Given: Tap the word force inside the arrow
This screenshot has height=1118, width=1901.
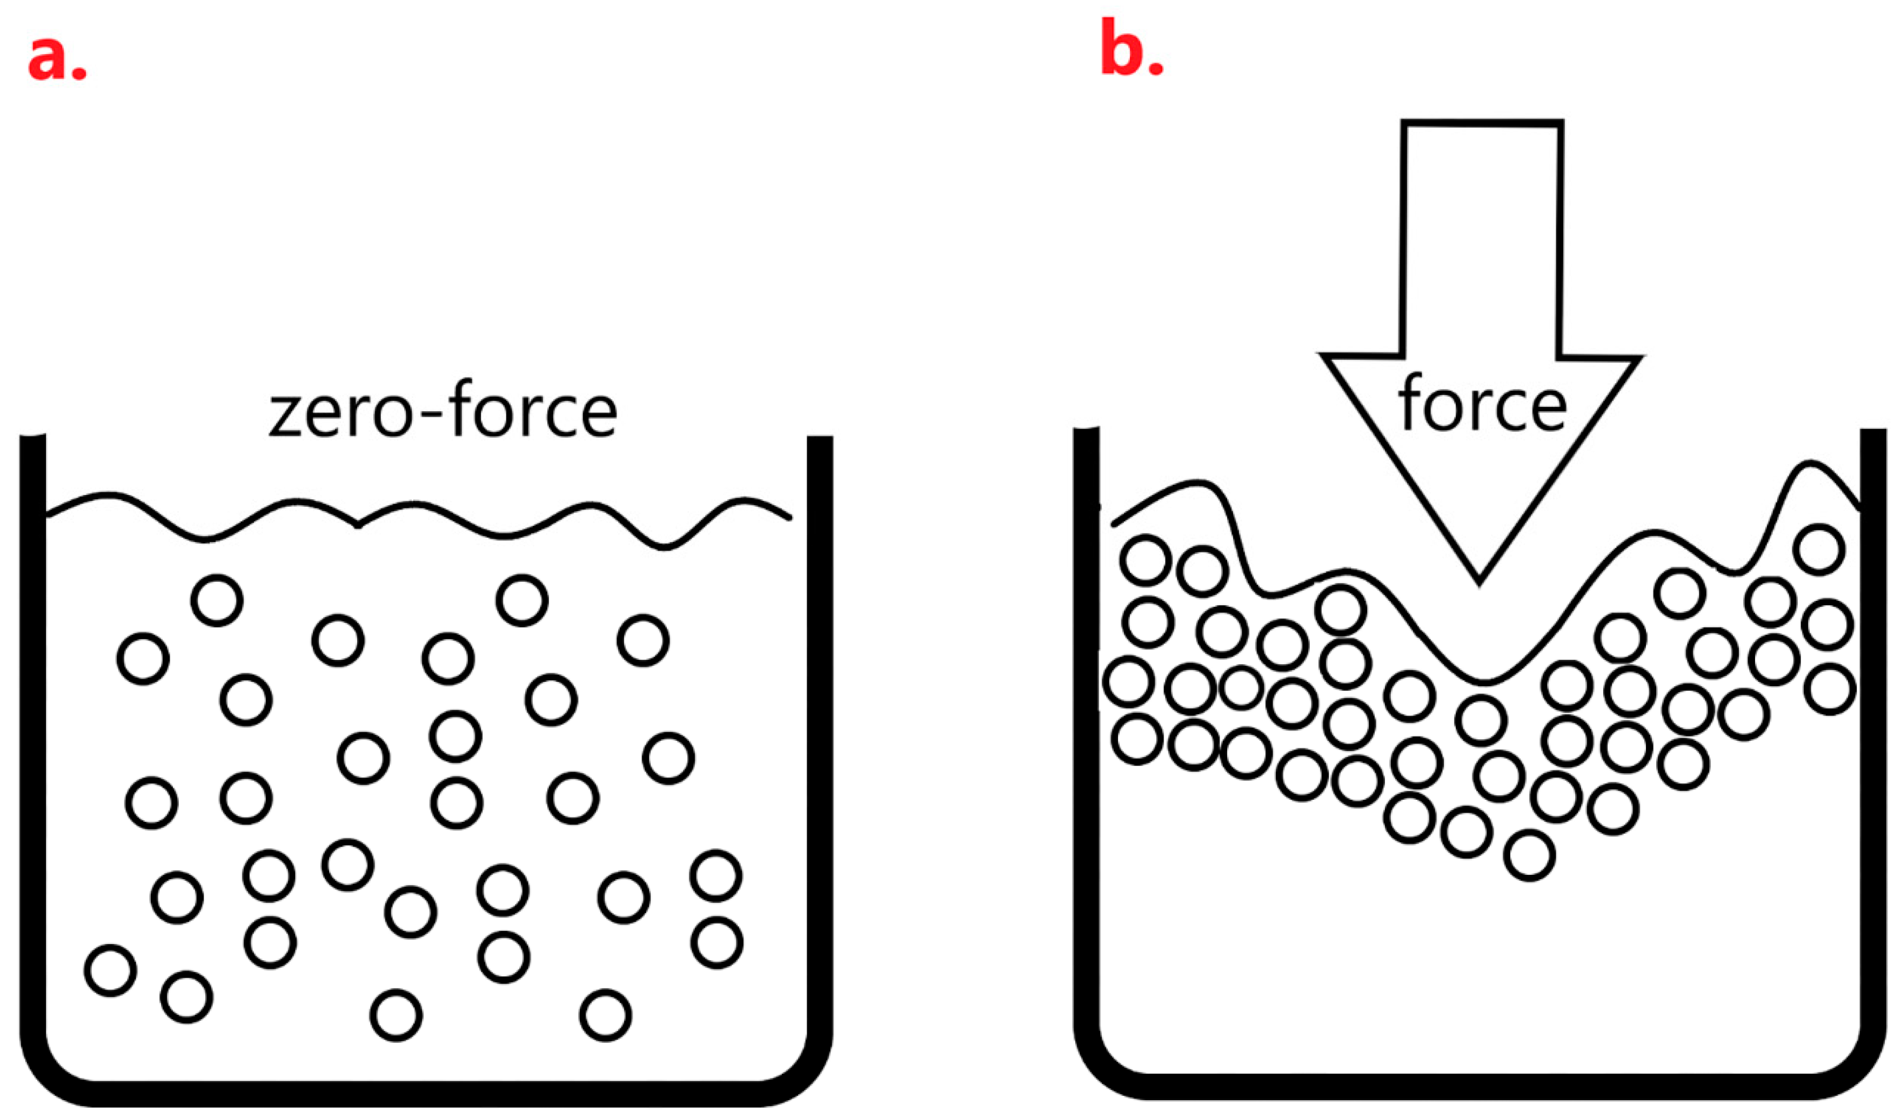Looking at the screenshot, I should click(x=1482, y=405).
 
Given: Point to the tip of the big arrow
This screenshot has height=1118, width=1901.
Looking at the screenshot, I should click(x=1478, y=581).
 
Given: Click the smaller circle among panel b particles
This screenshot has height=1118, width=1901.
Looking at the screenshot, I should click(x=1241, y=687).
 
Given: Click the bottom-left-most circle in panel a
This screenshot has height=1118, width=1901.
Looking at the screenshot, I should click(x=111, y=970).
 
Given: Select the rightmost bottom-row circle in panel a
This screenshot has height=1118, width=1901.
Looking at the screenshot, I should click(x=605, y=1015).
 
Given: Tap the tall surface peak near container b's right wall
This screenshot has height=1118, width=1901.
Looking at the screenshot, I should click(x=1809, y=464).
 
